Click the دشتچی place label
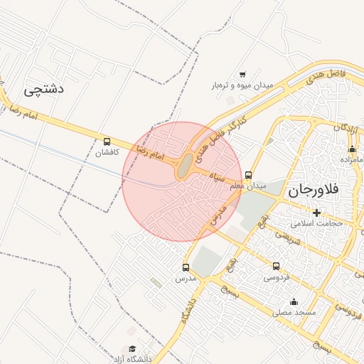[x=44, y=89]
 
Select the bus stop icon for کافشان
[x=107, y=141]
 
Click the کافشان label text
[x=107, y=152]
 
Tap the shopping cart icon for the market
[x=242, y=74]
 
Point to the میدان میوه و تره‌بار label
[x=242, y=85]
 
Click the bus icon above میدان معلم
[x=248, y=175]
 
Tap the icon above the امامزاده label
[x=352, y=149]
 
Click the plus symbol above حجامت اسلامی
[x=316, y=213]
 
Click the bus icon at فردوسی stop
[x=276, y=266]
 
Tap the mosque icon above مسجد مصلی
[x=294, y=301]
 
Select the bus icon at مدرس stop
[x=186, y=267]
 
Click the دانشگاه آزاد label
[x=132, y=359]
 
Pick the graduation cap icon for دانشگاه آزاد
[x=132, y=349]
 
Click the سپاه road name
[x=216, y=177]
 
